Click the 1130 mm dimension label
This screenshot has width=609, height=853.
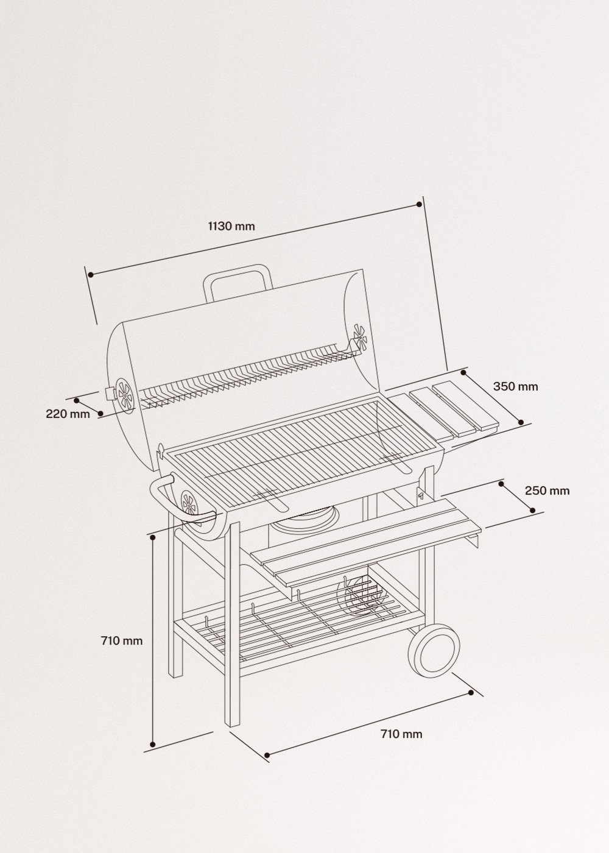coord(231,226)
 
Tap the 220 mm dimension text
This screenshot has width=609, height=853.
coord(67,414)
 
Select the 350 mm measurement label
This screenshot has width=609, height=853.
coord(515,386)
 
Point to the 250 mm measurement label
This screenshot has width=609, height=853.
coord(547,490)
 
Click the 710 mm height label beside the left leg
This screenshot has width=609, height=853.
coord(122,640)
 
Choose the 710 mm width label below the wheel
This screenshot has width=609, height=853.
coord(401,734)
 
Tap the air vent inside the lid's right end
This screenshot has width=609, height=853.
coord(358,334)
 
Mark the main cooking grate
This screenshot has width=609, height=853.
coord(280,445)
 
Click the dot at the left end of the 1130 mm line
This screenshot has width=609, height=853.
coord(90,275)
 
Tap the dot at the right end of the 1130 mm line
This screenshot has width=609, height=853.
coord(419,204)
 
